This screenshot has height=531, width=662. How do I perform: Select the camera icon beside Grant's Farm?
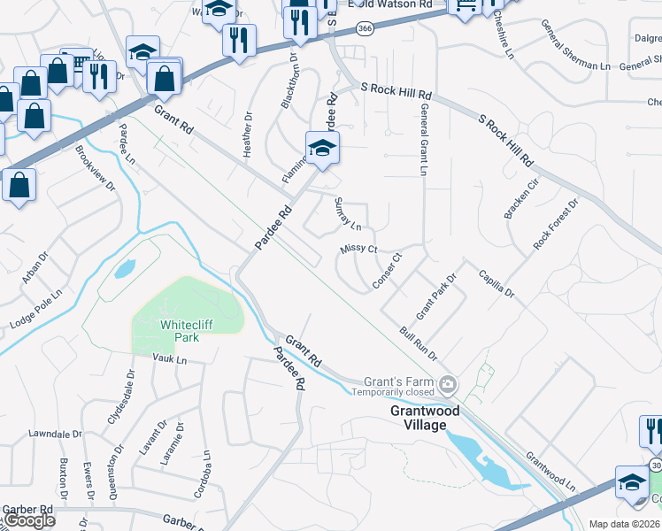[449, 383]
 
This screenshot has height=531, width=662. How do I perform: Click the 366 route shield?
[364, 29]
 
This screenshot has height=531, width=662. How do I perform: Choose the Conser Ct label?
[387, 272]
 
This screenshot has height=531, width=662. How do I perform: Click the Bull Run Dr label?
[419, 343]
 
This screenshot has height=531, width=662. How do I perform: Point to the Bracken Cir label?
[521, 201]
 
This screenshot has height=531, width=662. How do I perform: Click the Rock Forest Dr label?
[555, 223]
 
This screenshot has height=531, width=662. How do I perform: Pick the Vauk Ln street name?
[170, 359]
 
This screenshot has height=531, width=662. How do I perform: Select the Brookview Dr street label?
[96, 168]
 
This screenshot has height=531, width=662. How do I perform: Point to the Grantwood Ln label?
[550, 473]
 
